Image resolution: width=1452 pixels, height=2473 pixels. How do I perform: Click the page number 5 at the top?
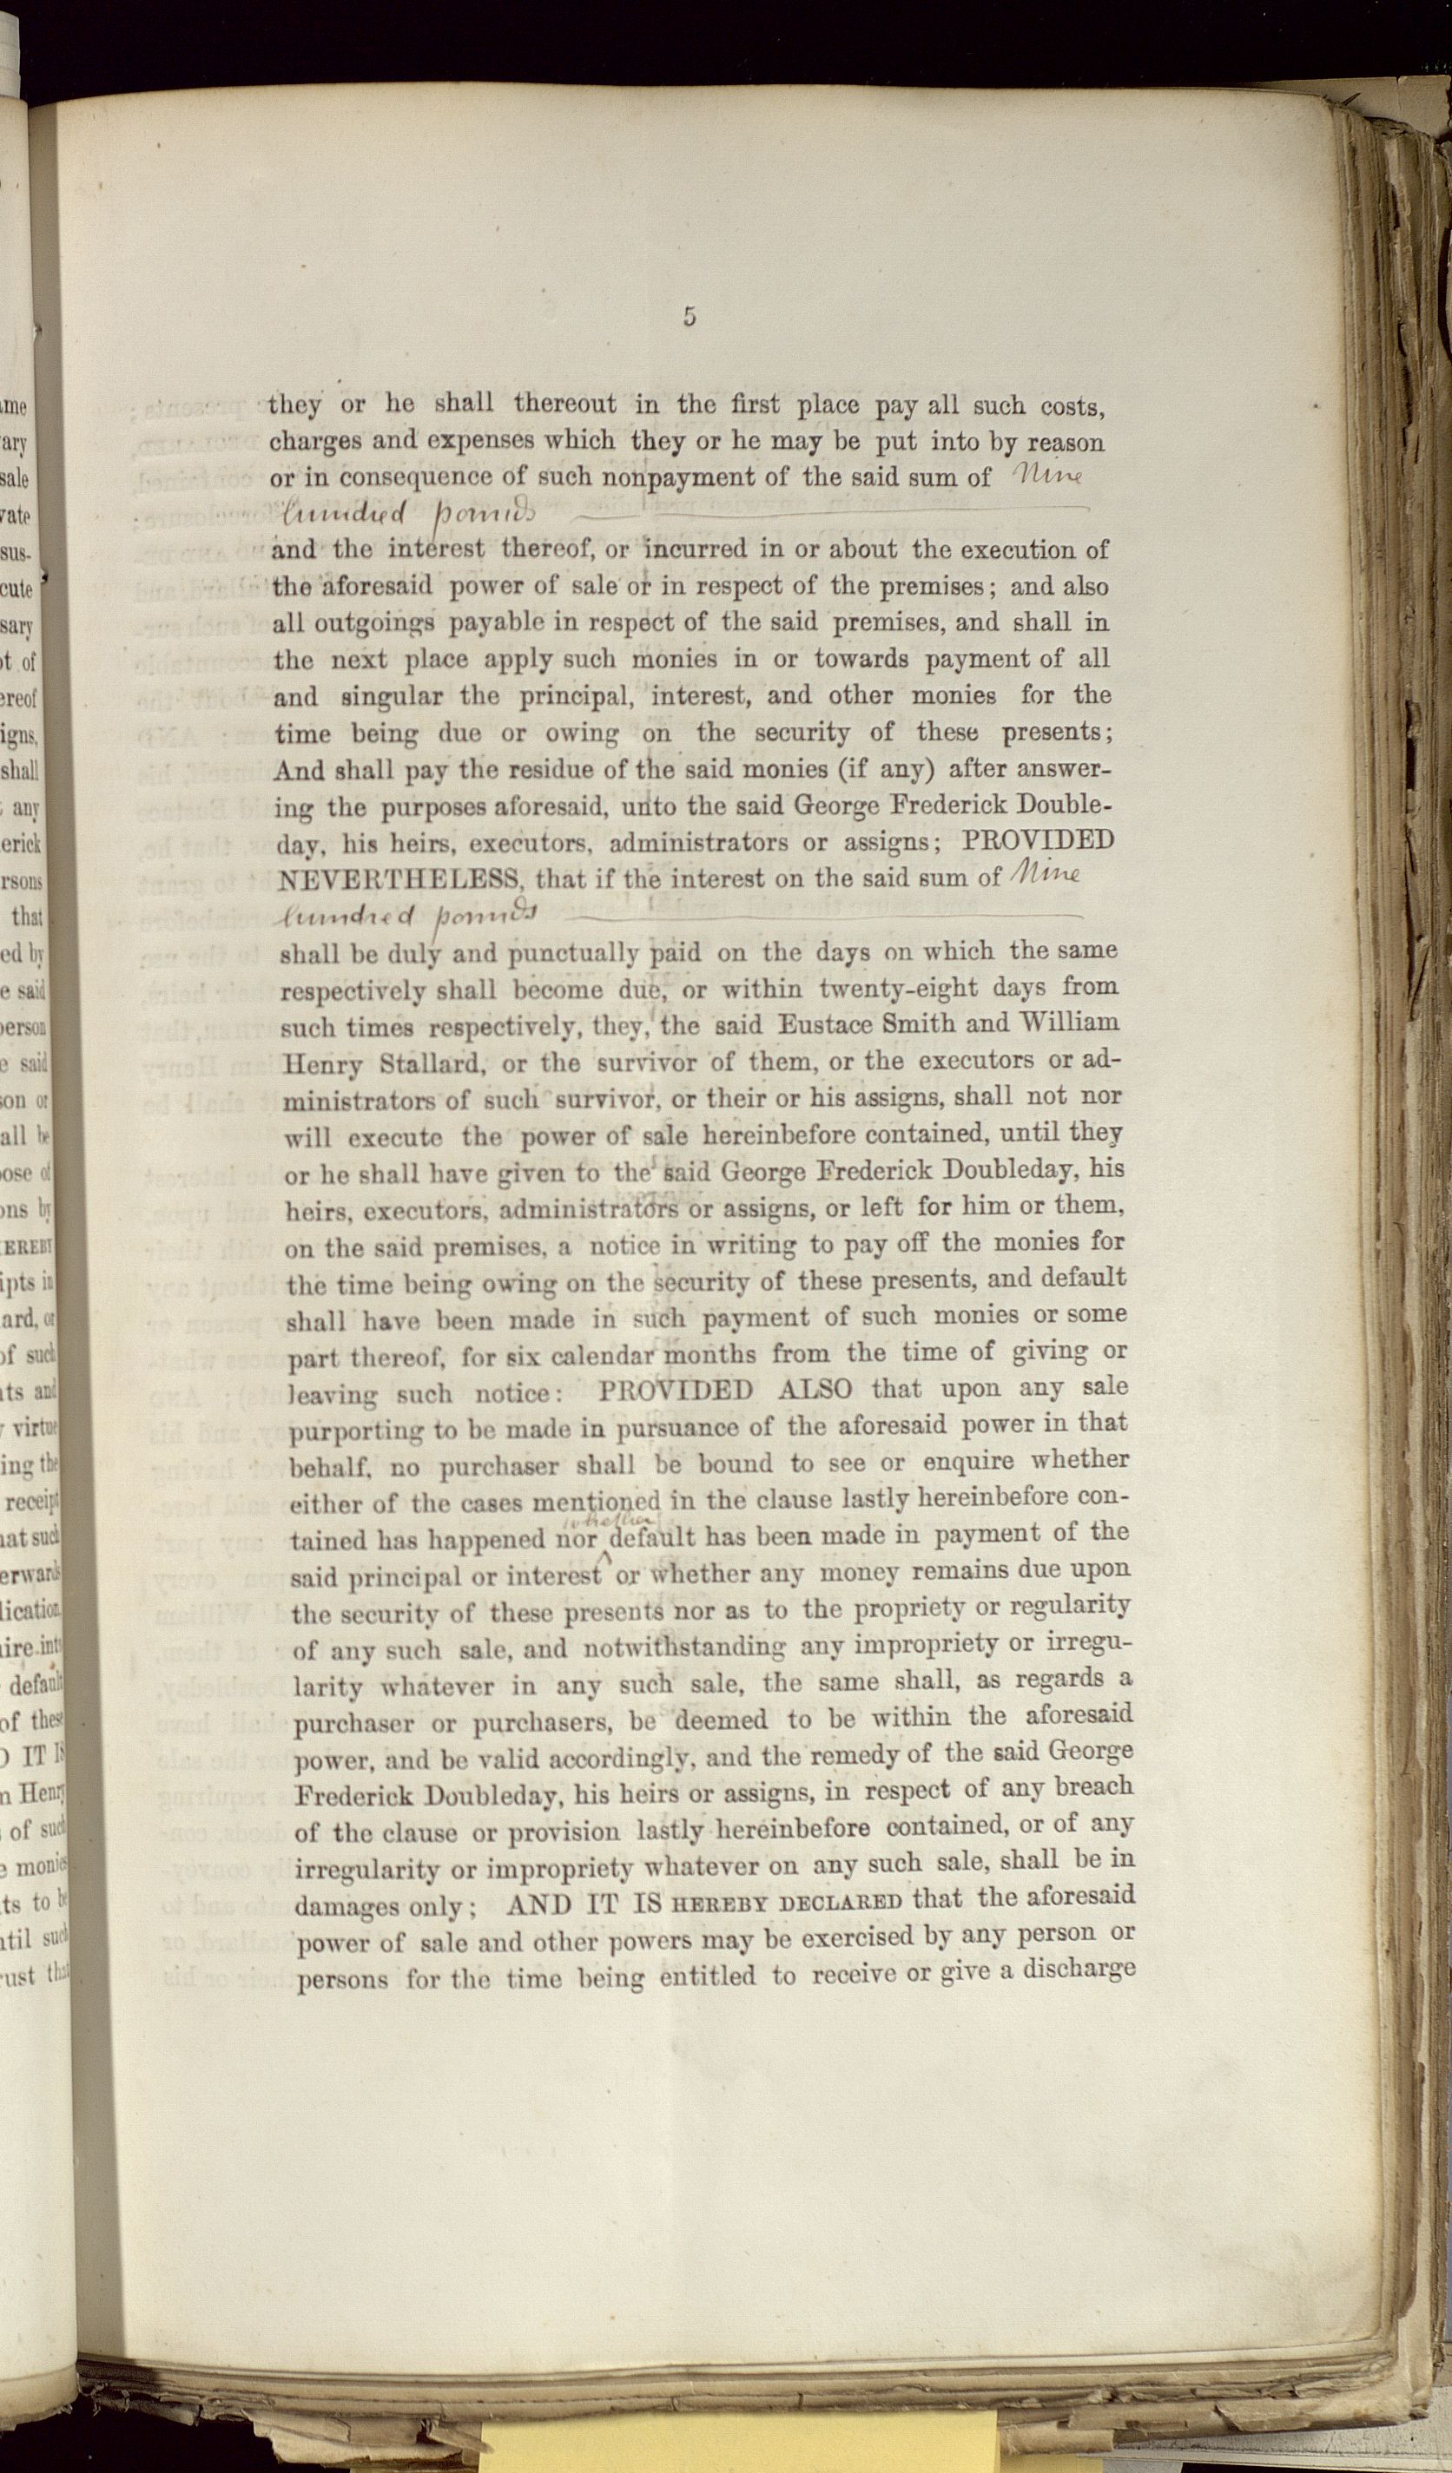pos(690,317)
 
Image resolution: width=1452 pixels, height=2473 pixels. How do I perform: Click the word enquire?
pos(971,1461)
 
